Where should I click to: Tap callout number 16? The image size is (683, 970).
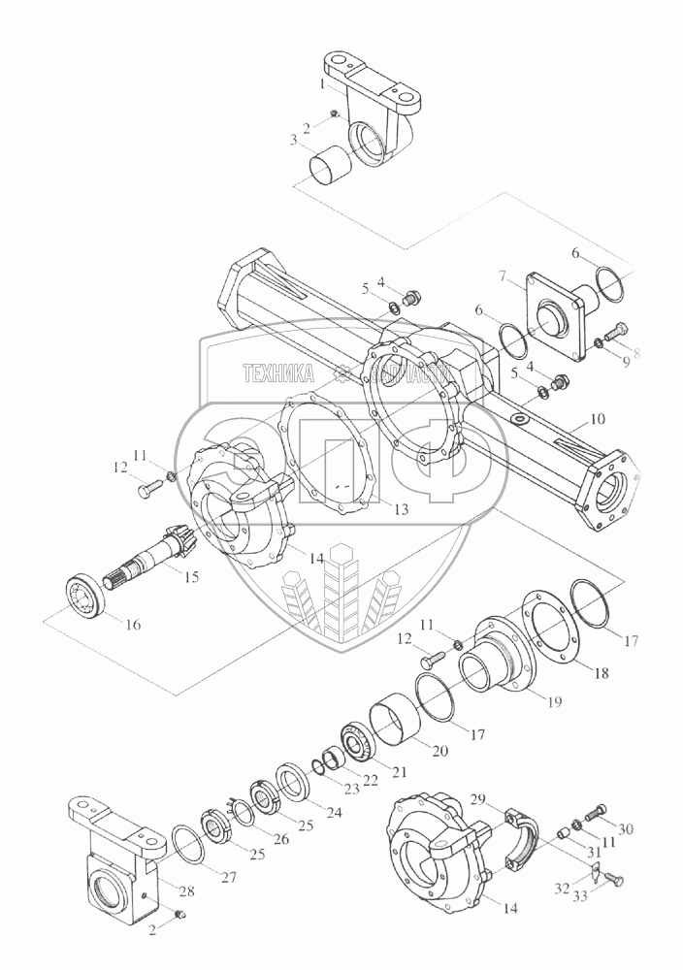(132, 625)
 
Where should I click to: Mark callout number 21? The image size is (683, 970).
(399, 772)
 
